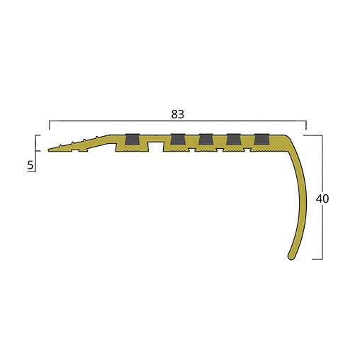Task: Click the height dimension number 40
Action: (322, 199)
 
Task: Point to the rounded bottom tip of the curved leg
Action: (291, 256)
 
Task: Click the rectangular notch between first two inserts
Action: (154, 144)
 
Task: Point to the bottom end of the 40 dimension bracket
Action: (323, 259)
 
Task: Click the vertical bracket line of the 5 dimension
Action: (36, 152)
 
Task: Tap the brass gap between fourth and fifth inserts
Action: (247, 140)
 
